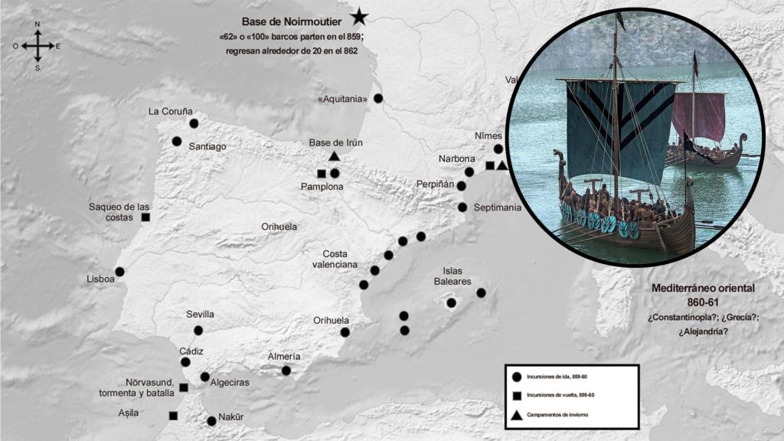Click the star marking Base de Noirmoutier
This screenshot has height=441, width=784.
[359, 15]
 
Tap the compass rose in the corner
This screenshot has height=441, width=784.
[38, 46]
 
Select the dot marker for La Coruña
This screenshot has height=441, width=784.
[194, 122]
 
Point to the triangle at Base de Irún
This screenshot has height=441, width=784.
[335, 156]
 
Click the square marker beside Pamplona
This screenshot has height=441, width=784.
[322, 173]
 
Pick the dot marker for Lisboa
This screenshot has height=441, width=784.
[119, 271]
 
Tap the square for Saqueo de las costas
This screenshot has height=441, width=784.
[145, 217]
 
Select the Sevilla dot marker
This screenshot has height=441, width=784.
[198, 330]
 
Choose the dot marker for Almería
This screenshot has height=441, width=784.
[286, 371]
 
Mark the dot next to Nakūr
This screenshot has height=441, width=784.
[211, 420]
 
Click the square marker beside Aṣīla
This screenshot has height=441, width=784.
[173, 416]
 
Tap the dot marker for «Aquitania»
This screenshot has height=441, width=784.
[378, 98]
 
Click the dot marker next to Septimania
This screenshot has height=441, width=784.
[462, 207]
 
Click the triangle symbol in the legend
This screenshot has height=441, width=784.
[517, 414]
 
